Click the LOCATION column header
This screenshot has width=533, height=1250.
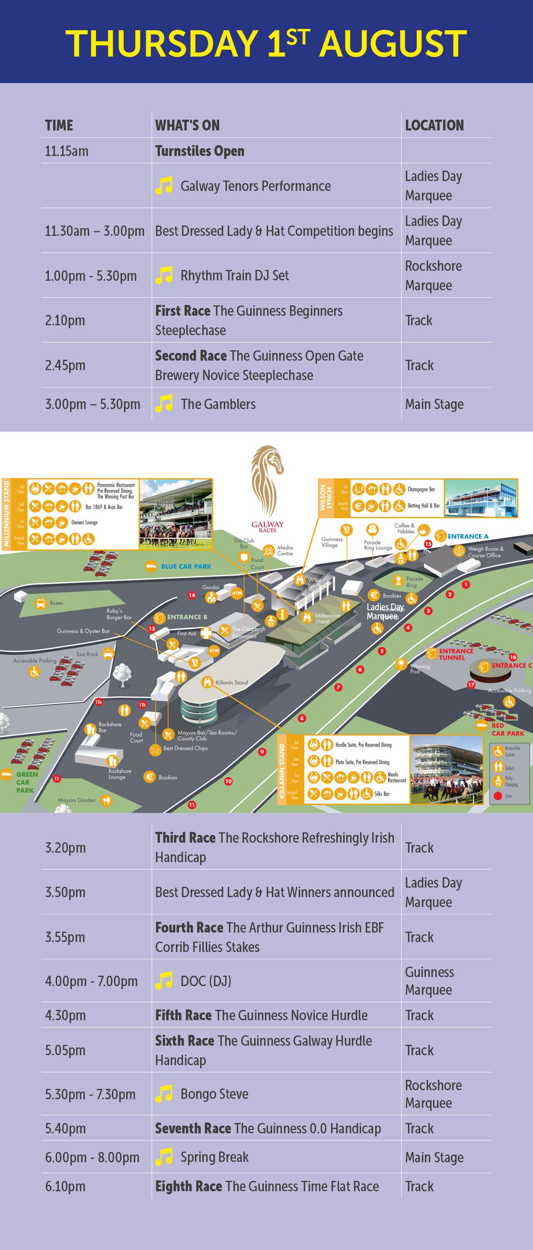tap(434, 125)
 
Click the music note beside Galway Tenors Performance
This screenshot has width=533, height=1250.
tap(163, 186)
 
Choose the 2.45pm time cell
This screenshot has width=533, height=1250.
tap(65, 365)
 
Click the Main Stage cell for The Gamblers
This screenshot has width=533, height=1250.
tap(434, 404)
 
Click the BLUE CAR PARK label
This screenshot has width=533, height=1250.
tap(186, 566)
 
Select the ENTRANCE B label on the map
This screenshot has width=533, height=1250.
tap(187, 617)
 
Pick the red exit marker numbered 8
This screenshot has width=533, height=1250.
tap(302, 718)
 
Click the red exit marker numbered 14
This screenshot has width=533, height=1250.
tap(192, 595)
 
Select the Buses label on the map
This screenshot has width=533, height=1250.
tap(56, 603)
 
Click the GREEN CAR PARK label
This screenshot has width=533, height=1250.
tap(25, 782)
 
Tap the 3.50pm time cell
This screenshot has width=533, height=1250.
tap(65, 892)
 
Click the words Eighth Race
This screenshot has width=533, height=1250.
tap(188, 1186)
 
